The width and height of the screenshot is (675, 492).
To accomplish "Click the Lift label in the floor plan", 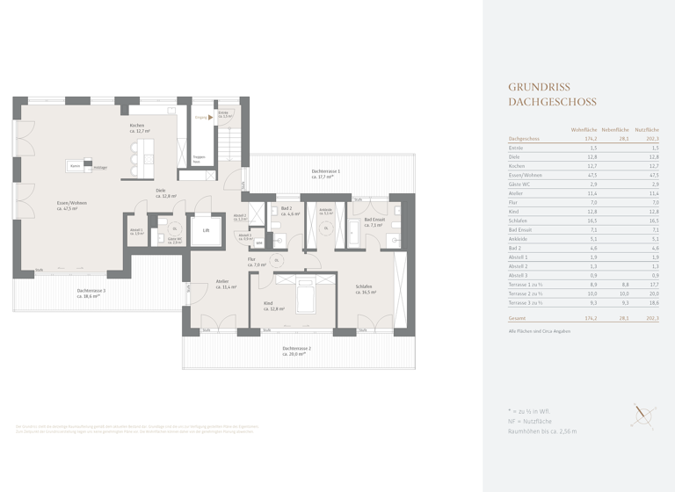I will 206,230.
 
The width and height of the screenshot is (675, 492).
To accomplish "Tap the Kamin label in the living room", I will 76,166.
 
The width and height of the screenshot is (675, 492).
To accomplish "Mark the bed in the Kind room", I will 305,297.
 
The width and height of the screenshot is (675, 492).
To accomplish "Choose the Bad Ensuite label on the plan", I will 374,221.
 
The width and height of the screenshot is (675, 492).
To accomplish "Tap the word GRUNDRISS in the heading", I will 540,87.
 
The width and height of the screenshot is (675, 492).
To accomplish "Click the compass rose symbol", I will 642,417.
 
